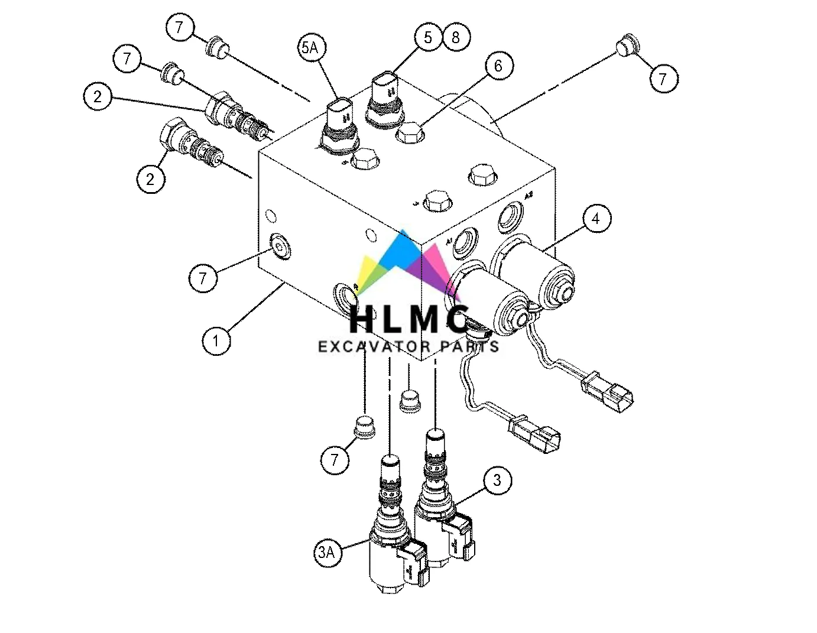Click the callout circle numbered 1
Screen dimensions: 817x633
pyautogui.click(x=216, y=340)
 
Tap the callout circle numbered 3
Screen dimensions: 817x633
pyautogui.click(x=497, y=480)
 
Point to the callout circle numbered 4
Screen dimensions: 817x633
pyautogui.click(x=596, y=219)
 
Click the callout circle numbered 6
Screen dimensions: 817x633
pyautogui.click(x=498, y=66)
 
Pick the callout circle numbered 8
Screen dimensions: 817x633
pyautogui.click(x=456, y=37)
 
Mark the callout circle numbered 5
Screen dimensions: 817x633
pyautogui.click(x=428, y=37)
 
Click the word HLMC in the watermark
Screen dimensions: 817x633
pyautogui.click(x=410, y=320)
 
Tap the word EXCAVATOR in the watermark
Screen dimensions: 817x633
pyautogui.click(x=372, y=347)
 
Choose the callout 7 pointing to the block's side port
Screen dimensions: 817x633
pyautogui.click(x=203, y=277)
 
